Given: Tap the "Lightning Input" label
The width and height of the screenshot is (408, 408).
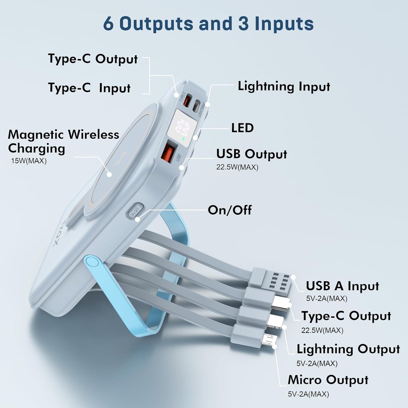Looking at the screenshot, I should tap(284, 86).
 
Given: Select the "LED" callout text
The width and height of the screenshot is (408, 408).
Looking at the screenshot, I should tap(242, 128).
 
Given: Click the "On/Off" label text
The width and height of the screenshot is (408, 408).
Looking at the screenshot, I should tap(230, 210).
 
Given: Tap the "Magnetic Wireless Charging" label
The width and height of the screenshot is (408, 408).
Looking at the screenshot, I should tap(63, 141).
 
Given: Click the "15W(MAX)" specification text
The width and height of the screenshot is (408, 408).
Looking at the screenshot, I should tap(29, 161).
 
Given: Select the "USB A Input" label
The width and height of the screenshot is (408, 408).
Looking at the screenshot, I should tap(342, 286).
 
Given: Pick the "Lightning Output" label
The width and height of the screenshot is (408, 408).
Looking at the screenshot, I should tap(348, 349).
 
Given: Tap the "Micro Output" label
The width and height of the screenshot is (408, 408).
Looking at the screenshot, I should tap(328, 380).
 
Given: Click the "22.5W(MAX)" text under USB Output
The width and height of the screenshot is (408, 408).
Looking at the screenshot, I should tap(237, 167).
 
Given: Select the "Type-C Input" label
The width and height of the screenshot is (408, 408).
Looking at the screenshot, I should tap(89, 88).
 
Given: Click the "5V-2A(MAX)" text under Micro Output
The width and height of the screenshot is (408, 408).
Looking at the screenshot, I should tap(308, 394).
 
